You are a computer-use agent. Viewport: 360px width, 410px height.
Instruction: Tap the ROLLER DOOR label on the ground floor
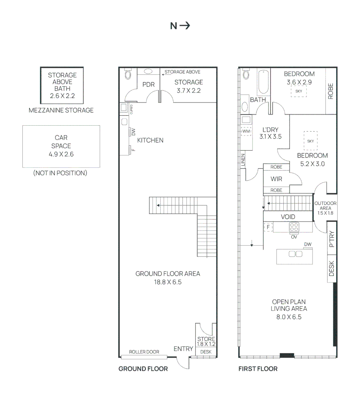pyautogui.click(x=144, y=352)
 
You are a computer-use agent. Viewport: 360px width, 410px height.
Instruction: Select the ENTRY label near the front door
pyautogui.click(x=183, y=349)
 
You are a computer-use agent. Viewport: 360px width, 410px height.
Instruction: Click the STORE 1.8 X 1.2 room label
pyautogui.click(x=206, y=341)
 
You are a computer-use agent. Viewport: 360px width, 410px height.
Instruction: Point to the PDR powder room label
pyautogui.click(x=148, y=84)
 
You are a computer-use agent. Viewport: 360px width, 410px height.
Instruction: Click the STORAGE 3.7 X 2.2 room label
pyautogui.click(x=188, y=86)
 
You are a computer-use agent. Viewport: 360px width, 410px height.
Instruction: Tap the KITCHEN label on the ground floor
pyautogui.click(x=150, y=140)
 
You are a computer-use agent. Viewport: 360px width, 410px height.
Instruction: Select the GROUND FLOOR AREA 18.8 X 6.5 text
pyautogui.click(x=167, y=278)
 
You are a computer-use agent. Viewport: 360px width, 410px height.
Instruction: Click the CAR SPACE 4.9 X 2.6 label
pyautogui.click(x=61, y=146)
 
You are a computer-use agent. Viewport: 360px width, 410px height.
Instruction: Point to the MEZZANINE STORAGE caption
pyautogui.click(x=61, y=110)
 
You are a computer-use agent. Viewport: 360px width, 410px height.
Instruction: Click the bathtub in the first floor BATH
pyautogui.click(x=263, y=82)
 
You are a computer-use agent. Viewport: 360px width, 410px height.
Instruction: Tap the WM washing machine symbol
pyautogui.click(x=246, y=131)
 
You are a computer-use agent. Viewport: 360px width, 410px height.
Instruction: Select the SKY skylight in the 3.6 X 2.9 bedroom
pyautogui.click(x=298, y=91)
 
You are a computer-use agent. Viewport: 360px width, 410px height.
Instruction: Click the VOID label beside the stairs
pyautogui.click(x=288, y=217)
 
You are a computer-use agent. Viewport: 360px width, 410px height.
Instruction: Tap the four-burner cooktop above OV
pyautogui.click(x=294, y=227)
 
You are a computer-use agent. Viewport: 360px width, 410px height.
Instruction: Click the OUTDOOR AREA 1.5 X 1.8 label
pyautogui.click(x=325, y=208)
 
